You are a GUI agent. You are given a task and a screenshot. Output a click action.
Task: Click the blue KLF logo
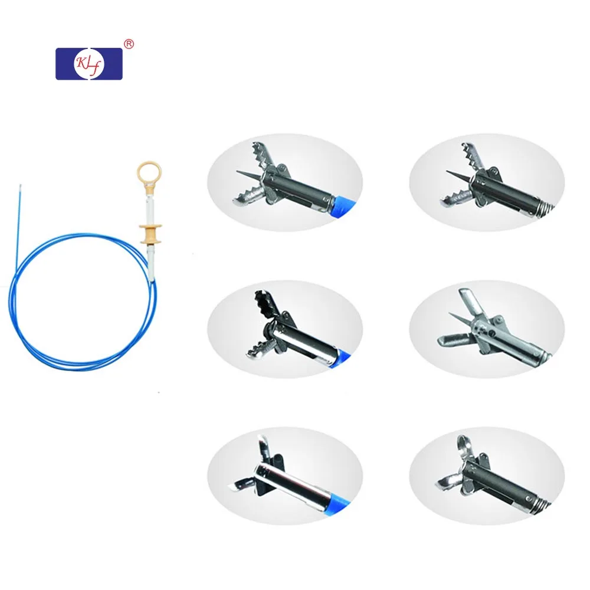pyautogui.click(x=88, y=64)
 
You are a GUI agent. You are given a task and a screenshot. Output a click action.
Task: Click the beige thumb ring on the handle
pyautogui.click(x=149, y=175)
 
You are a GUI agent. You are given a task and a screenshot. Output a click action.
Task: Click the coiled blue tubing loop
pyautogui.click(x=77, y=295)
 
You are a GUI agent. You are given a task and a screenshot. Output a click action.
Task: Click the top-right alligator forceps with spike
pyautogui.click(x=487, y=180)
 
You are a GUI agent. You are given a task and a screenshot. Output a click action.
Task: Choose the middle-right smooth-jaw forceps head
pyautogui.click(x=487, y=327)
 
